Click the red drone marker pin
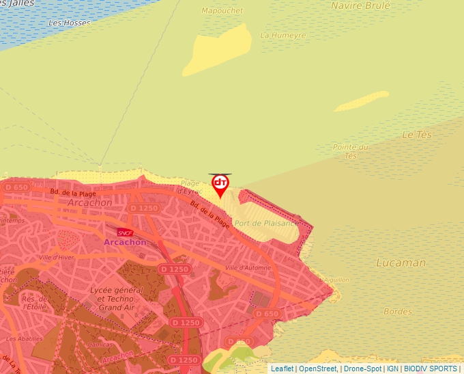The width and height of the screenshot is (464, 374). tap(220, 185)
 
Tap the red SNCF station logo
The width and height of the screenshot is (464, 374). tap(124, 232)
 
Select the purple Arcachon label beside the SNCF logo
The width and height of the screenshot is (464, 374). tap(125, 243)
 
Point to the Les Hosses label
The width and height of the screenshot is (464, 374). tap(70, 23)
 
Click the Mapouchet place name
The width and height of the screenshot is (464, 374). tap(222, 10)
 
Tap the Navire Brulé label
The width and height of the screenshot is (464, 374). tap(360, 5)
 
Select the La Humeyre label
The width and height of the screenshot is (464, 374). tap(283, 36)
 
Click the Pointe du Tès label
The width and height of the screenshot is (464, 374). tap(351, 151)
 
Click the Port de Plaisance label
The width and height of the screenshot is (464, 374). tap(266, 223)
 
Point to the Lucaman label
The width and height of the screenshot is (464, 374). tap(401, 263)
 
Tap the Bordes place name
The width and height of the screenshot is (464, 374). tap(398, 312)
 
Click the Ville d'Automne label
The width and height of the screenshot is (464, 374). tap(247, 267)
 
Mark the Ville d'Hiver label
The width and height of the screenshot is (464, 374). tap(57, 258)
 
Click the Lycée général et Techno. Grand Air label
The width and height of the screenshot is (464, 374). tap(116, 298)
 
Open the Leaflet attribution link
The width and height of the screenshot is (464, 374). tap(282, 369)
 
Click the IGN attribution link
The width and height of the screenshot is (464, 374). tap(392, 369)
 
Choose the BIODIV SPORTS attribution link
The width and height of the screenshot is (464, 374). tap(430, 369)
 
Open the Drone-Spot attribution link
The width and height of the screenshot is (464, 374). tap(362, 369)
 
